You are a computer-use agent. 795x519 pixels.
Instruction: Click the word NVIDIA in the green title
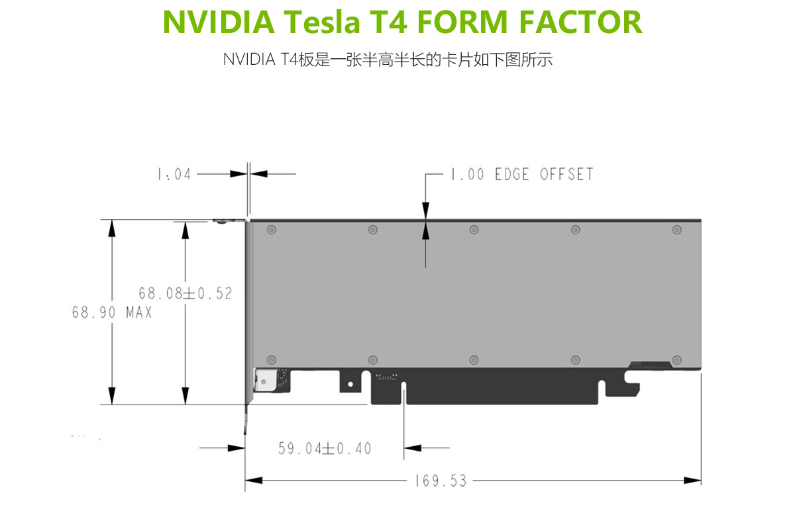(218, 22)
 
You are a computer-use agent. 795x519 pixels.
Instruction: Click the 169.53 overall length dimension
(441, 481)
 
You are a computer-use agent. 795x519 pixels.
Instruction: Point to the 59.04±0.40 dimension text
(325, 449)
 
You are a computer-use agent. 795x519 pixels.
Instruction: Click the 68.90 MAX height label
(112, 312)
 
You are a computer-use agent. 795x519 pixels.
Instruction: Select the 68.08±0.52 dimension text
(185, 293)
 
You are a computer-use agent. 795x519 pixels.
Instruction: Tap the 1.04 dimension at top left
(174, 174)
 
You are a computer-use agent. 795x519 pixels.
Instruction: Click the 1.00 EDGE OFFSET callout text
(521, 174)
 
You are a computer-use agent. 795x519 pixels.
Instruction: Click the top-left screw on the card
(271, 230)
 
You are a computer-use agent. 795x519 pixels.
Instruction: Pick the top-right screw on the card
(676, 230)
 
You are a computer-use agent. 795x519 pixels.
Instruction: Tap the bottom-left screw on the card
(271, 359)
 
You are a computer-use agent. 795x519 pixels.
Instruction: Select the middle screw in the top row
(474, 230)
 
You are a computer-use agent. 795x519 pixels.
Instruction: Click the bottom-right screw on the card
(676, 359)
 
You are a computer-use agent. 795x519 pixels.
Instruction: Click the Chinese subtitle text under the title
(388, 60)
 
